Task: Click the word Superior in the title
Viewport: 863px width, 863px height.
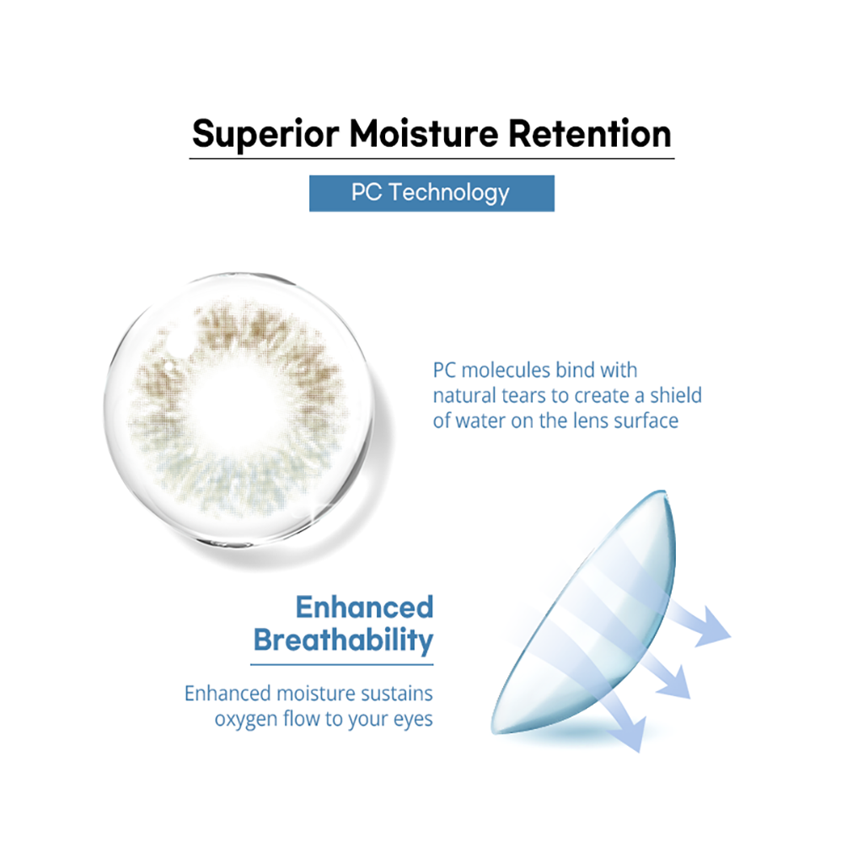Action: (x=265, y=134)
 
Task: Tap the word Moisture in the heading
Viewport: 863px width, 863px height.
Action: (x=424, y=134)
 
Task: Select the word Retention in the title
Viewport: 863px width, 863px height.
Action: (x=589, y=134)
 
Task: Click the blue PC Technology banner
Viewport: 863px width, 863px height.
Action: (x=431, y=193)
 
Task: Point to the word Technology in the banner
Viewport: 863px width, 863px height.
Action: (x=449, y=193)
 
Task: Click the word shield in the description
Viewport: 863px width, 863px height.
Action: (x=676, y=395)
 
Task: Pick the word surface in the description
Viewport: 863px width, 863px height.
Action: (x=646, y=421)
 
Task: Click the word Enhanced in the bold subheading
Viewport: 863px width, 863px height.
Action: (x=364, y=607)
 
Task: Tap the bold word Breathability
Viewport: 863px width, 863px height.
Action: (x=344, y=641)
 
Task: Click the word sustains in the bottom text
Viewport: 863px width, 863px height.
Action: (x=396, y=694)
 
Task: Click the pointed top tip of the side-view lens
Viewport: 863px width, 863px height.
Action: (x=664, y=491)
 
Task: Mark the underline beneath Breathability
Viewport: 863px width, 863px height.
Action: (x=342, y=665)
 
